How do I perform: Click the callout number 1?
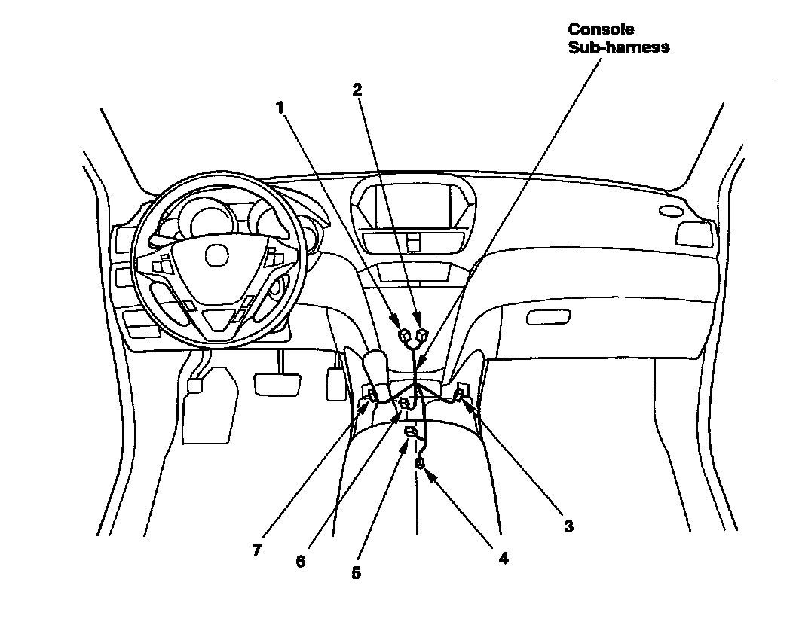(x=280, y=108)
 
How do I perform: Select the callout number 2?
(x=357, y=90)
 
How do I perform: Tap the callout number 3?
(x=568, y=526)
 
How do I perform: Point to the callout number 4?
(x=503, y=558)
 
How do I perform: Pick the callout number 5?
(x=356, y=572)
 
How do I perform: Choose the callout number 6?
(x=301, y=562)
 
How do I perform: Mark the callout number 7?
(x=256, y=550)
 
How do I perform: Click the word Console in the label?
(x=601, y=29)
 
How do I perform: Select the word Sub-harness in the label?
(x=619, y=47)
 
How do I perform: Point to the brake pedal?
(x=278, y=383)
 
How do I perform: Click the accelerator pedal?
(x=335, y=383)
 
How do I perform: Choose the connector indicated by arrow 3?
(x=461, y=392)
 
